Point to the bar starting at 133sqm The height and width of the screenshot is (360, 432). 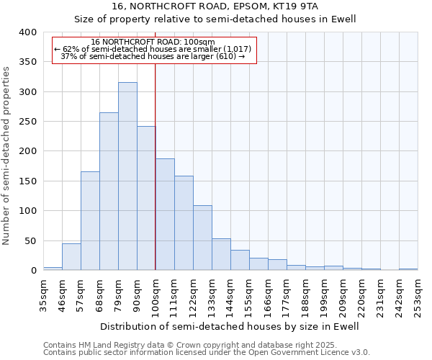coord(221,255)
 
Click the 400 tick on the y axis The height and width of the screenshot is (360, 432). coord(28,32)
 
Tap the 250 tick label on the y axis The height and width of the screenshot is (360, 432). coord(28,122)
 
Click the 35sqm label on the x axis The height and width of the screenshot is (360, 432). coord(44,294)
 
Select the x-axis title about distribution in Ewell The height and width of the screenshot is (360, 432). coord(229,326)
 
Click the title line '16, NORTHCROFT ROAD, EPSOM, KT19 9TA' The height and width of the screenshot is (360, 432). coord(220,6)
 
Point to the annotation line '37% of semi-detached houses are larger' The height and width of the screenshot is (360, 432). coord(153,55)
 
